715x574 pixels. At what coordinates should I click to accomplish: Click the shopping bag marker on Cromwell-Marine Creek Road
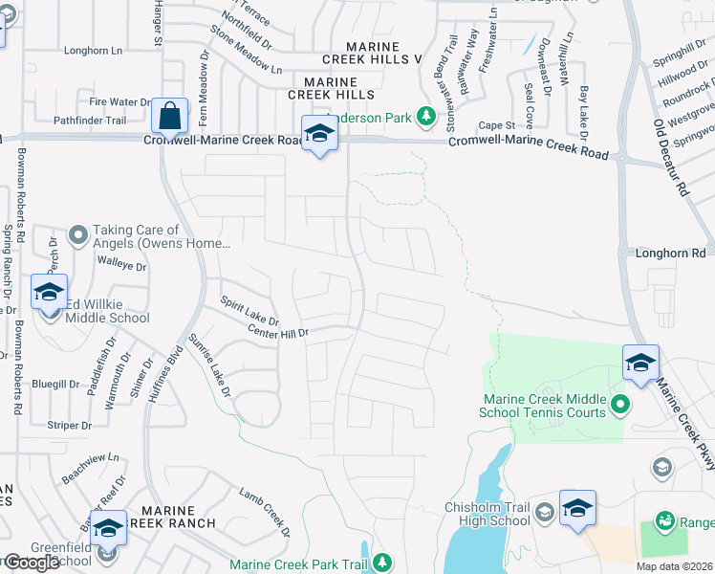click(x=169, y=117)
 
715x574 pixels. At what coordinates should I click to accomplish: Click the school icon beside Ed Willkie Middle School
click(x=49, y=293)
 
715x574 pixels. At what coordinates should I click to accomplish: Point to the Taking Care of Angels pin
click(x=77, y=233)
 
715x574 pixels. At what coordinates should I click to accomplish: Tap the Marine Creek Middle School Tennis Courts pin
click(x=619, y=406)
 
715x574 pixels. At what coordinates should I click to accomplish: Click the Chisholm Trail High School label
click(x=487, y=514)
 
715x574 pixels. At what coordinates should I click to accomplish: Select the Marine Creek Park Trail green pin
click(x=382, y=562)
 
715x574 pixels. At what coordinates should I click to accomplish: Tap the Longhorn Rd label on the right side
click(x=670, y=253)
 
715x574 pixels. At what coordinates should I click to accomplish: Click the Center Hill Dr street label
click(x=278, y=333)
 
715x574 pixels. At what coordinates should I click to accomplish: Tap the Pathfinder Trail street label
click(x=89, y=121)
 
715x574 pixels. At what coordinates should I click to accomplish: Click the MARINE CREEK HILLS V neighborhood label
click(x=372, y=53)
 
